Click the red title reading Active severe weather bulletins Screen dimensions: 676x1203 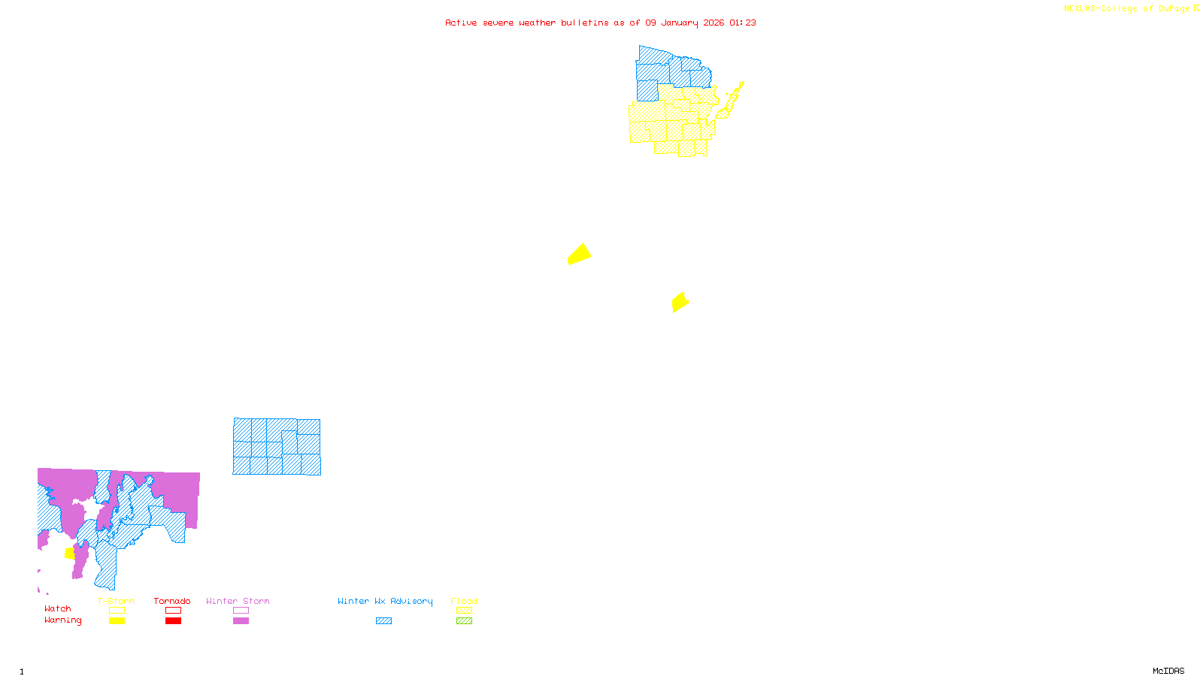(600, 23)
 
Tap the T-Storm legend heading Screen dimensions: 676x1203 (116, 601)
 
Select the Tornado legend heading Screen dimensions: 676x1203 (172, 601)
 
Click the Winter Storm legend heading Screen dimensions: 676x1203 (238, 601)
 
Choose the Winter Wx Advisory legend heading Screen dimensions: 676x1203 (385, 601)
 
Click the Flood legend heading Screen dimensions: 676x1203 (464, 601)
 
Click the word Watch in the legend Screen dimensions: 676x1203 (58, 608)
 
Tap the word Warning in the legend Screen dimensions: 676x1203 (63, 620)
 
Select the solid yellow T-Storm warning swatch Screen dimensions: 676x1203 (117, 621)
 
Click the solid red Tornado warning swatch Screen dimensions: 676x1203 (174, 621)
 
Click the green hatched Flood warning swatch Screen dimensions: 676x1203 (465, 621)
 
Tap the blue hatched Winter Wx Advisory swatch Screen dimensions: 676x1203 (384, 621)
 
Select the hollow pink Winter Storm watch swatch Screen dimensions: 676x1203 (241, 611)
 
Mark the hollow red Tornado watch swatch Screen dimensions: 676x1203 (174, 611)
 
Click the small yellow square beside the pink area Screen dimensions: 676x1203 (70, 554)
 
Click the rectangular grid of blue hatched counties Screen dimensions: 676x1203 (277, 447)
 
